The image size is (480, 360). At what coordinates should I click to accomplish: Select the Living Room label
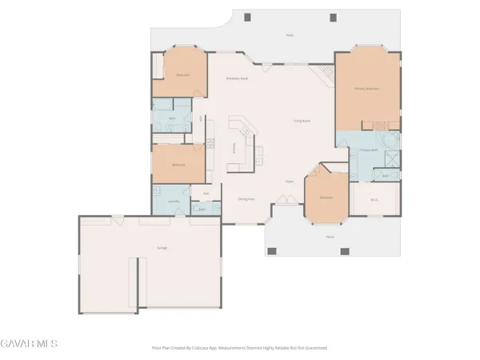[301, 121]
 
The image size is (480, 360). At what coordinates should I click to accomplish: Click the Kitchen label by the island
[234, 147]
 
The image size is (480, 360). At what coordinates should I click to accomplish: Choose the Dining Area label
[246, 198]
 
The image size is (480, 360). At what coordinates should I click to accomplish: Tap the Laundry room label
[173, 201]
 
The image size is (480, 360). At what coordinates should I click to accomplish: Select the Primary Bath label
[368, 150]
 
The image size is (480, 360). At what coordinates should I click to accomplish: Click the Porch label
[330, 237]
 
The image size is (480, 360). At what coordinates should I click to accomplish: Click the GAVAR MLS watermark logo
[29, 344]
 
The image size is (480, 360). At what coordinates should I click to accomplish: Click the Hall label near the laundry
[206, 194]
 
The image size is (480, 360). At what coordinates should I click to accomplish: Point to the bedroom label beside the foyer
[326, 197]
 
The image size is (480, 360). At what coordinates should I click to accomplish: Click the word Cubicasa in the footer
[209, 348]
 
